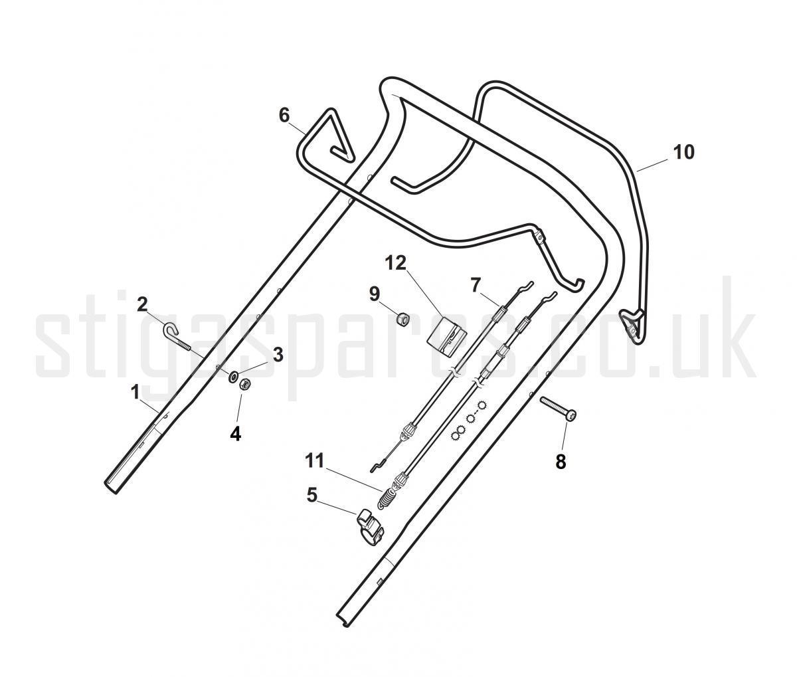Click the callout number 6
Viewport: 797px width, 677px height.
[284, 116]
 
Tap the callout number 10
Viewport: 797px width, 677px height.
[683, 152]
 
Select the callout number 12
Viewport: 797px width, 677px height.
[396, 263]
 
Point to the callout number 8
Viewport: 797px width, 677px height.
[561, 462]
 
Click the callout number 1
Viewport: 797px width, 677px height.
[135, 393]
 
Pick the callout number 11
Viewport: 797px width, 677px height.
[315, 461]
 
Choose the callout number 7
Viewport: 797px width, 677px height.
[476, 286]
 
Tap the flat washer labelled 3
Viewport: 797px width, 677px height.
[233, 376]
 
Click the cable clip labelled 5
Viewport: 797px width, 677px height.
[370, 528]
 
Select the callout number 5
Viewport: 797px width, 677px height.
[311, 496]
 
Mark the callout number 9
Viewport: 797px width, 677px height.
[375, 294]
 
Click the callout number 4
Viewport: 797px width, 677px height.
[235, 434]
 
